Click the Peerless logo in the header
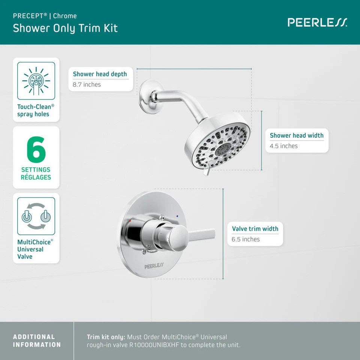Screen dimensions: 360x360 [x=317, y=22]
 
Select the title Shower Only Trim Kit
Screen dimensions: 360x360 [x=65, y=28]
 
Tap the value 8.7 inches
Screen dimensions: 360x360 [x=87, y=85]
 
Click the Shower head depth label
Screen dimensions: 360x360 [x=100, y=74]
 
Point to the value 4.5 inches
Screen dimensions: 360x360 [x=283, y=146]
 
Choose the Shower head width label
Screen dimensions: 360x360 [x=297, y=135]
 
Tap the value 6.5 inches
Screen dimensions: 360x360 [x=246, y=239]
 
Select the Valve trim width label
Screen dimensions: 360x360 [x=255, y=229]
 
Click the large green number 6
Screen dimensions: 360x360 [x=36, y=150]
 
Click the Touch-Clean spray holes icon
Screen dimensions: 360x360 [x=36, y=81]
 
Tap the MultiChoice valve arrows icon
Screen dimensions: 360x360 [x=36, y=216]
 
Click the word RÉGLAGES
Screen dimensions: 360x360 [x=36, y=177]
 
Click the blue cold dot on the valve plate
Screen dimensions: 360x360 [x=177, y=216]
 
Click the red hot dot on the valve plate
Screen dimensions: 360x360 [x=130, y=222]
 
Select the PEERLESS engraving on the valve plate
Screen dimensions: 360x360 [x=154, y=265]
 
